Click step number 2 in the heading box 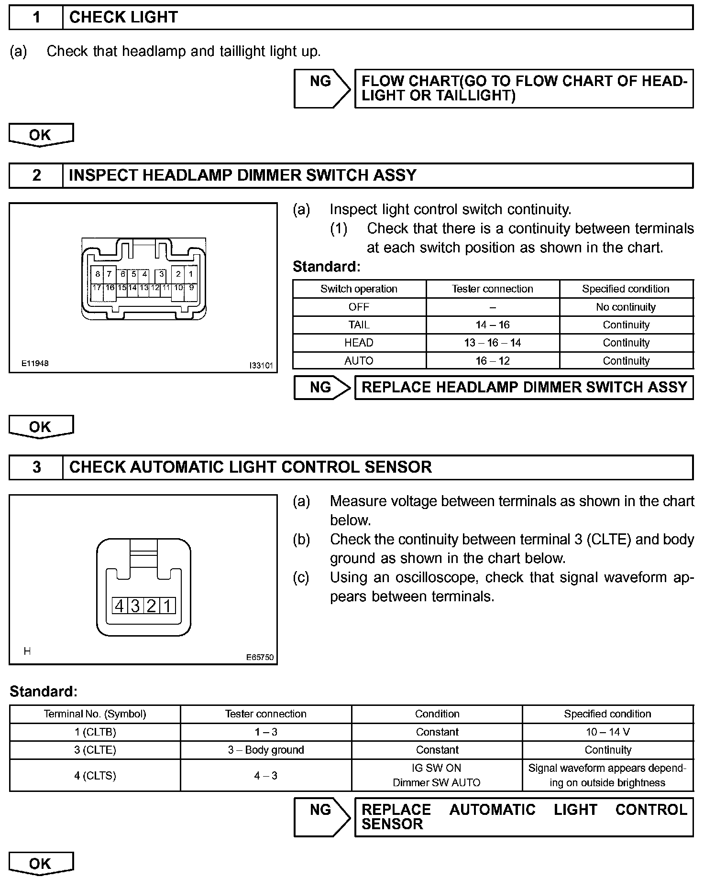pos(36,175)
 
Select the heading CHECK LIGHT pos(123,18)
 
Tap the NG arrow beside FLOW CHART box pos(322,88)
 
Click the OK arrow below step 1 pos(41,135)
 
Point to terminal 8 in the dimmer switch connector pos(98,274)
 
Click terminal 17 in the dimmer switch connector pos(97,288)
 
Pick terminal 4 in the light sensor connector pos(119,606)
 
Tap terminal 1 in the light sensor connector pos(167,606)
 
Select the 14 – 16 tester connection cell pos(493,325)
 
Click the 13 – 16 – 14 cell pos(493,343)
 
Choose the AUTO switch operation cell pos(359,361)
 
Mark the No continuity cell pos(626,307)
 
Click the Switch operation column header pos(359,289)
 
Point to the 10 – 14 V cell pos(607,732)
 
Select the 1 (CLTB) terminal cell pos(95,732)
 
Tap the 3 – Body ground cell pos(266,750)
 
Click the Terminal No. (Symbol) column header pos(95,714)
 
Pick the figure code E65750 pos(260,657)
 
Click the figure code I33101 pos(261,366)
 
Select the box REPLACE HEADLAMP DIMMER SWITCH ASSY pos(524,387)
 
